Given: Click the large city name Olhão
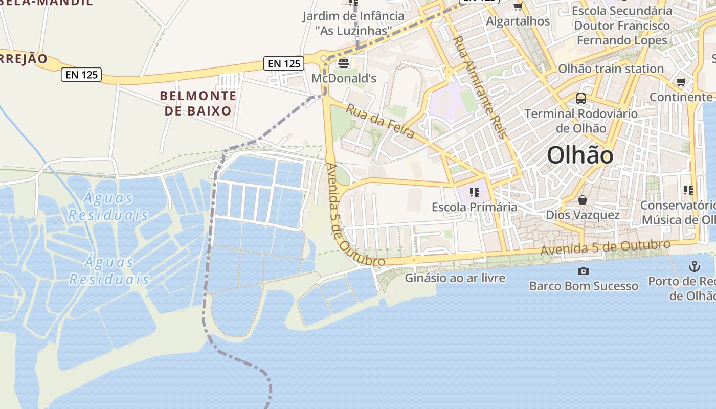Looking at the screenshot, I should (x=580, y=155).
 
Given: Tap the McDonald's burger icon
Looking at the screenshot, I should (x=343, y=63).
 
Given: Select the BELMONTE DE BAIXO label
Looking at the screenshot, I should (x=198, y=103).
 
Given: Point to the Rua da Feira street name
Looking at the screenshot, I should (x=380, y=121).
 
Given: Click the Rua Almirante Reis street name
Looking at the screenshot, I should (x=479, y=87).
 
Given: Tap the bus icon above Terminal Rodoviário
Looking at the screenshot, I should (x=581, y=98).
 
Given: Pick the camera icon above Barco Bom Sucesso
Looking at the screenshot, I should (x=583, y=271).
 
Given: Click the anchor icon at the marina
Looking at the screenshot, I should (x=694, y=266).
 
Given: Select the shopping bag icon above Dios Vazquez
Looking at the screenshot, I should (x=582, y=200).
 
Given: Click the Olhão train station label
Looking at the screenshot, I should (x=611, y=69).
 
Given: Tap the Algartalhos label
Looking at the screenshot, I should (x=518, y=21).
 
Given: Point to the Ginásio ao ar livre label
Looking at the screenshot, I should (x=455, y=278).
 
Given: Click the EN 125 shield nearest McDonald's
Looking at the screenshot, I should (x=285, y=63).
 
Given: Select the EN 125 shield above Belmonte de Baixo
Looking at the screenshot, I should (x=82, y=75).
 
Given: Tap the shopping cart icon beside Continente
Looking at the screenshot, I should (x=681, y=82).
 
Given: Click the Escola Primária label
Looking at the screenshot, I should (x=474, y=207).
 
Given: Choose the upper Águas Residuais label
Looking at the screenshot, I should (x=108, y=206).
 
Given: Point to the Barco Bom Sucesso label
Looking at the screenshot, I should (x=584, y=286).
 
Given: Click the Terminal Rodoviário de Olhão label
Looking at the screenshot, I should (x=581, y=121).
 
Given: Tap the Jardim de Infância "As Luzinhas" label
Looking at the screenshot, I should (x=353, y=23).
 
